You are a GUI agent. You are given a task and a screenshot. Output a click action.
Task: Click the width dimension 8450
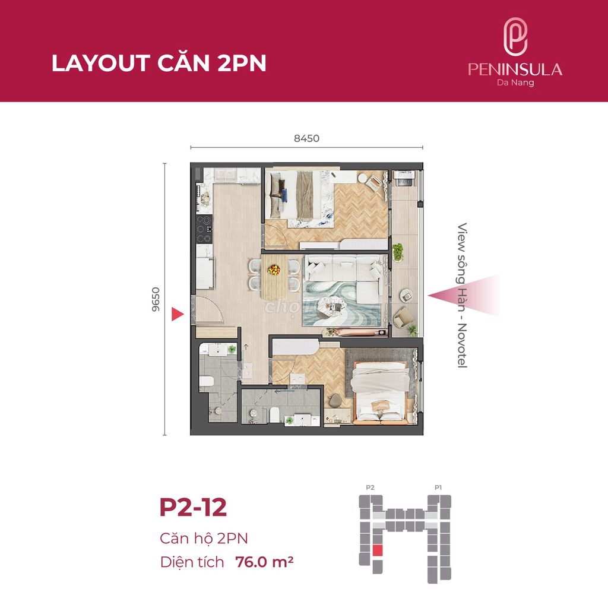306,138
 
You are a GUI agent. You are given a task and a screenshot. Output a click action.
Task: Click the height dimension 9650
156,299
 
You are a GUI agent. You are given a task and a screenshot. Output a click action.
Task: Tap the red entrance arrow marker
177,314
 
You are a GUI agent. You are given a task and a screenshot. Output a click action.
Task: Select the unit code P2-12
193,507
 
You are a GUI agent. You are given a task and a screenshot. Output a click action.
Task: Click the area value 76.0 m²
264,562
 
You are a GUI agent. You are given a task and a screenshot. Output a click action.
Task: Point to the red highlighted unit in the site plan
378,550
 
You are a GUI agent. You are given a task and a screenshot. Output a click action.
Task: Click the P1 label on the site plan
438,487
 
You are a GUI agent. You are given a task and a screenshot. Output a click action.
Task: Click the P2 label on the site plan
370,487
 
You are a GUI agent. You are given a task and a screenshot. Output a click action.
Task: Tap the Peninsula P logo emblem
515,37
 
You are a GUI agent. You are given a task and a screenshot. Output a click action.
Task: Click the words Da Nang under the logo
515,83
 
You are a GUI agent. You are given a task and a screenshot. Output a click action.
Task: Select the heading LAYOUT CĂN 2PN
159,63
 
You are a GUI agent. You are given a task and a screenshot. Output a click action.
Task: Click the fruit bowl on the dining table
274,270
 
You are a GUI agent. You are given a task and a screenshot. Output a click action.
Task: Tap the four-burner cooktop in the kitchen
204,229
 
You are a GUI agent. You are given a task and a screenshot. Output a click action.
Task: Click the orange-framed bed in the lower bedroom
380,393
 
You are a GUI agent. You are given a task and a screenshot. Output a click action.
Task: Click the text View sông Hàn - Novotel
462,295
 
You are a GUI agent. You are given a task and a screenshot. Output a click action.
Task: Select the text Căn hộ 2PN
204,538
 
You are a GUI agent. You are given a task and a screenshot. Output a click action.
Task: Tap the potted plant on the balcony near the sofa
398,252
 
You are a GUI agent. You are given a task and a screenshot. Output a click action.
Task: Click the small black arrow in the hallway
245,347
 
